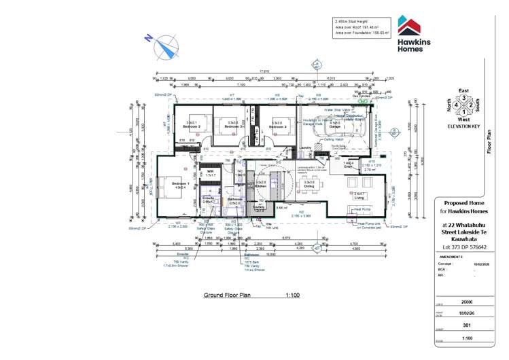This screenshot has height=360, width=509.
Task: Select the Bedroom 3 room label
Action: click(x=233, y=125)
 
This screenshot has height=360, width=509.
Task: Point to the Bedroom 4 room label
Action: click(x=278, y=126)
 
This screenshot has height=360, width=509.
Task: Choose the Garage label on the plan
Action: click(x=335, y=126)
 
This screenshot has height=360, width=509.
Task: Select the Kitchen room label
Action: click(x=261, y=184)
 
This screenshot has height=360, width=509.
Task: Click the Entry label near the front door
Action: click(x=349, y=164)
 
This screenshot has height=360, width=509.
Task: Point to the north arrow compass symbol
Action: click(x=163, y=47)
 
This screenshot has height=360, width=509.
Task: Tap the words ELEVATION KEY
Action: click(x=464, y=126)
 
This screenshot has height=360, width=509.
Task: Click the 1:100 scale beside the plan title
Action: click(x=293, y=296)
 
